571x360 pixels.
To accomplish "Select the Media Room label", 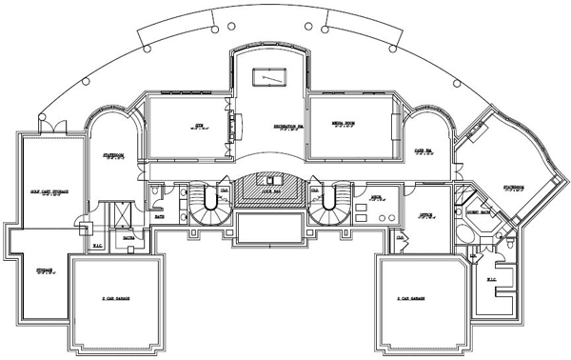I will [x=344, y=125].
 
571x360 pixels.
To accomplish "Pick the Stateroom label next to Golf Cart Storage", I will [x=113, y=156].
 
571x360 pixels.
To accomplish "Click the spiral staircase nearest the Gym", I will [x=204, y=202].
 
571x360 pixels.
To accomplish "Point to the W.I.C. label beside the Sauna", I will [x=99, y=245].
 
